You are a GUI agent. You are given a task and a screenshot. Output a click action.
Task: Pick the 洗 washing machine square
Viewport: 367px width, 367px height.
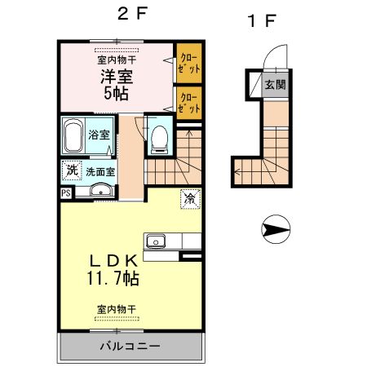point(72,171)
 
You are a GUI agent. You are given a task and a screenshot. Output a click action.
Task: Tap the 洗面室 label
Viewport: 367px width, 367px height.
point(102,172)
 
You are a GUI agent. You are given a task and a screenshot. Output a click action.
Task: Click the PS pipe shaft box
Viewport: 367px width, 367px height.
point(65,193)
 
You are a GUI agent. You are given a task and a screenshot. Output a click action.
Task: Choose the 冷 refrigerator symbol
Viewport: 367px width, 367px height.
point(189,197)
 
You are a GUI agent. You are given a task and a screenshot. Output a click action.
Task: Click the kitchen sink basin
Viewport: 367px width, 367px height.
point(156,241)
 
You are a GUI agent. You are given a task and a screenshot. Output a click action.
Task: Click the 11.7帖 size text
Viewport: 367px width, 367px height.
point(114,279)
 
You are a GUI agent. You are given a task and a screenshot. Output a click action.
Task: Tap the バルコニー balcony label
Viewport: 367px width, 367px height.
point(130,346)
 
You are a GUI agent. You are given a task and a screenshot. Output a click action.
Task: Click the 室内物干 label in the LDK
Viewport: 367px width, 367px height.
point(116,309)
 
